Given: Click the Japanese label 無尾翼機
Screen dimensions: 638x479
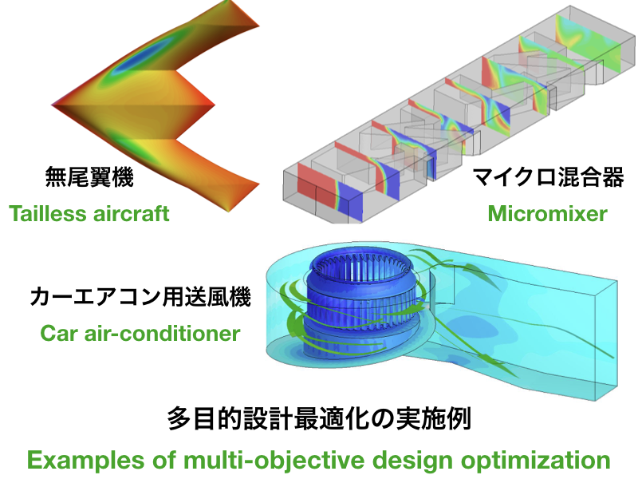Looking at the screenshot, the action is [89, 177].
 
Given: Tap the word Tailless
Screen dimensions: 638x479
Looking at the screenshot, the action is [47, 214].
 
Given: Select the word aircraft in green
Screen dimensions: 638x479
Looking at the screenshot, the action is [131, 214].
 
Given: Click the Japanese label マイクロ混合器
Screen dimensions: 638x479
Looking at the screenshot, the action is [548, 177].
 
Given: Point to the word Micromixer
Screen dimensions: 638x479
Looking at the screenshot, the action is [547, 214].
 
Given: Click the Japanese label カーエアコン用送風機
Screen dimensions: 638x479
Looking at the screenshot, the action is [140, 296].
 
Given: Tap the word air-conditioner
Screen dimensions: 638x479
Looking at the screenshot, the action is [163, 333].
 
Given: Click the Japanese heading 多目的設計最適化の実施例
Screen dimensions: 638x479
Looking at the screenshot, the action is [319, 418].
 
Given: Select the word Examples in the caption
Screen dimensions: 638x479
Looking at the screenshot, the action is [86, 461].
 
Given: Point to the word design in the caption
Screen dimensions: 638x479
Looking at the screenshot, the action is [412, 461].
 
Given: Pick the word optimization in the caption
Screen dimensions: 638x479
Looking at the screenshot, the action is [535, 461].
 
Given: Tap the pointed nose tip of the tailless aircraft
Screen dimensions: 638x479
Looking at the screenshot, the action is [53, 105].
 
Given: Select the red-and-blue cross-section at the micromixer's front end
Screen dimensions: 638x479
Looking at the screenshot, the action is [329, 192].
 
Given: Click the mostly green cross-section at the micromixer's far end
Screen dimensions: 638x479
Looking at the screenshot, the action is [588, 43].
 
